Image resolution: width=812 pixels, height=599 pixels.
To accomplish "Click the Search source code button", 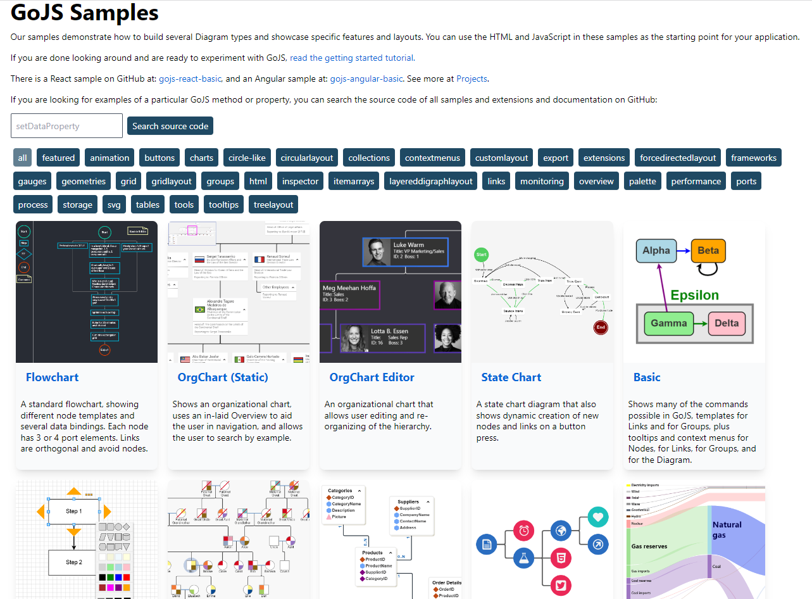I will [170, 126].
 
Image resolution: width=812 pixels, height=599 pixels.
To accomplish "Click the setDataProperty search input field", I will [66, 126].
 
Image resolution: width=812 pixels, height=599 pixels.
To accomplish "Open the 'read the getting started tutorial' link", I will [351, 58].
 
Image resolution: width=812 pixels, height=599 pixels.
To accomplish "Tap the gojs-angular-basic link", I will [366, 79].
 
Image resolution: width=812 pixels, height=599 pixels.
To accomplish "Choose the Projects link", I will [472, 79].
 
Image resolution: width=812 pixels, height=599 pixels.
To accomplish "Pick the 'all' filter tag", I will [23, 158].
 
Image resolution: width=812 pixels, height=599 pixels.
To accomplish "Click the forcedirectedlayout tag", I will [678, 158].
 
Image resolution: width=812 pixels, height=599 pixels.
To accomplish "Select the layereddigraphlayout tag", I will [431, 181].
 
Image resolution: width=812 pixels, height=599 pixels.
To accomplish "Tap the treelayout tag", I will [273, 205].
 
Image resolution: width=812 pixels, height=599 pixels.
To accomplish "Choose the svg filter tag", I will [114, 205].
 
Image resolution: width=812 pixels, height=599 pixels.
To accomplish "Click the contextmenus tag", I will [431, 158].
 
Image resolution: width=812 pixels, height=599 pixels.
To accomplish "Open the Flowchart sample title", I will [53, 377].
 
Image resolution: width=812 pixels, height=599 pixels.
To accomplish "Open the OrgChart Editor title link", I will [372, 377].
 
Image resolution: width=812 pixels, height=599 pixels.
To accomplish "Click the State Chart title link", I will [511, 377].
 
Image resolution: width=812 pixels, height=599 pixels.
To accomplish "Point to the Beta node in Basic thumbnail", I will [708, 251].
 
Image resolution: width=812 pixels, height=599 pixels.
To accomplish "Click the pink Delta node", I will [726, 323].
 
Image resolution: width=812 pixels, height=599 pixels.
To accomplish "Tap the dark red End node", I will [601, 327].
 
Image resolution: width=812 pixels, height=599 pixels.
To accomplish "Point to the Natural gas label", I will [727, 529].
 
